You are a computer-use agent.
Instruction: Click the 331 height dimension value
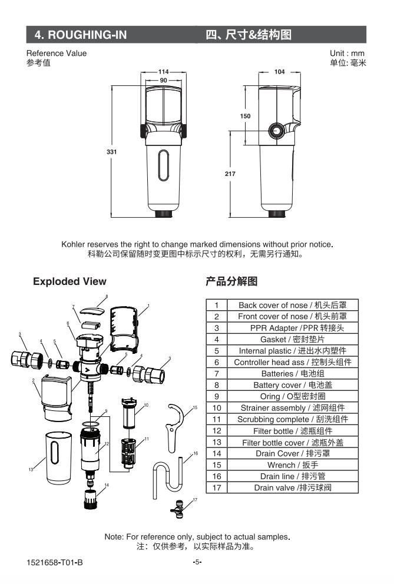coord(111,152)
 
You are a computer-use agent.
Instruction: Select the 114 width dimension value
coord(163,72)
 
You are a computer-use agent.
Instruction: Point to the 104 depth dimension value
coord(279,72)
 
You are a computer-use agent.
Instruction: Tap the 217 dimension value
coord(230,174)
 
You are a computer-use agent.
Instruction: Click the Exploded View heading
coord(69,281)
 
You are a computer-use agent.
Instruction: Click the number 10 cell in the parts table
coord(217,408)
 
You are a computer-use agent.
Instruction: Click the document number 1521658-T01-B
coord(55,562)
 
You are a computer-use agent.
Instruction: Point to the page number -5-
coord(197,562)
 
